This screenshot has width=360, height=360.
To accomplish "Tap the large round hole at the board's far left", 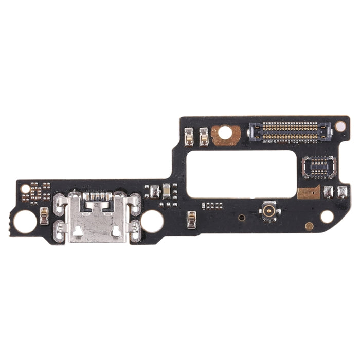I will pyautogui.click(x=25, y=222).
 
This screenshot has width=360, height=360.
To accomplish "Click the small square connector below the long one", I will pyautogui.click(x=319, y=167).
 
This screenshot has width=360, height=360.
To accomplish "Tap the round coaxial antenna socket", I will pyautogui.click(x=269, y=210).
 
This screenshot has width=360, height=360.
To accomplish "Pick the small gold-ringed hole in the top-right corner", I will pyautogui.click(x=340, y=125).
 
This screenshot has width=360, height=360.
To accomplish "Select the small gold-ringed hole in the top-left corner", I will pyautogui.click(x=25, y=189).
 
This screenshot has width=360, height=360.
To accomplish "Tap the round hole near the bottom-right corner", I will pyautogui.click(x=327, y=217).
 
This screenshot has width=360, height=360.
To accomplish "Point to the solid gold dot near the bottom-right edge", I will pyautogui.click(x=309, y=226).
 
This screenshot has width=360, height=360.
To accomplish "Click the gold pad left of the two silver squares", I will pyautogui.click(x=309, y=192).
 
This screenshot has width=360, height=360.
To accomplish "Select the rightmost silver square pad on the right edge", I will pyautogui.click(x=343, y=192).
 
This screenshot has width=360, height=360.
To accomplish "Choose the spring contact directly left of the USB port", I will pyautogui.click(x=44, y=216).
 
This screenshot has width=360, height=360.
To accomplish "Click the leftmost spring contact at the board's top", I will pyautogui.click(x=189, y=135).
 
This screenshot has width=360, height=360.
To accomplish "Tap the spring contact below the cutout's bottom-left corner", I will pyautogui.click(x=192, y=220).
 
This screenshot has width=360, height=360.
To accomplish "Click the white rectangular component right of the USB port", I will pyautogui.click(x=166, y=189).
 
